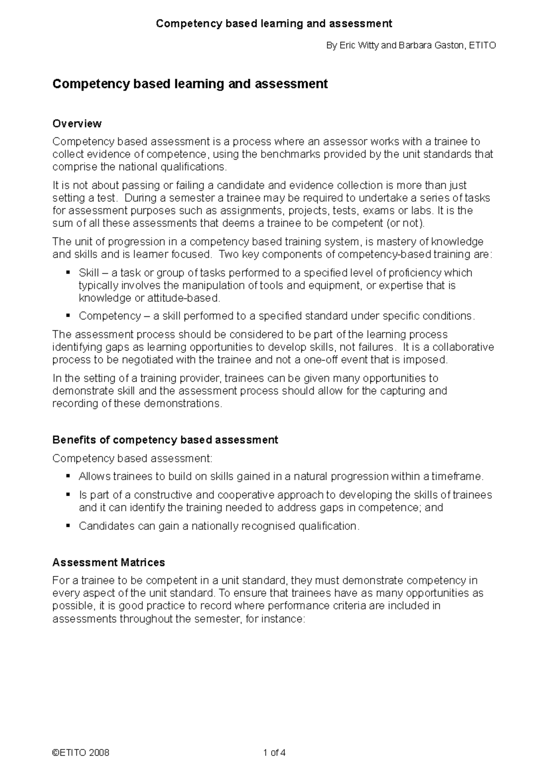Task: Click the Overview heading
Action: point(77,124)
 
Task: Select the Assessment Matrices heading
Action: point(109,562)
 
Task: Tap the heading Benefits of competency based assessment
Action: point(165,440)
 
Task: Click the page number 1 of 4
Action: point(274,753)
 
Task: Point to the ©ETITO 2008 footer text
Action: point(81,753)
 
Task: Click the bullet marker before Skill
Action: point(68,272)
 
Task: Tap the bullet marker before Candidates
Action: point(68,526)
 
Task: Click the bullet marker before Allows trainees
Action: point(68,476)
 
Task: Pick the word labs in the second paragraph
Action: point(420,211)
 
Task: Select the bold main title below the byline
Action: point(190,84)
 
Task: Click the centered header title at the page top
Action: point(274,24)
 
